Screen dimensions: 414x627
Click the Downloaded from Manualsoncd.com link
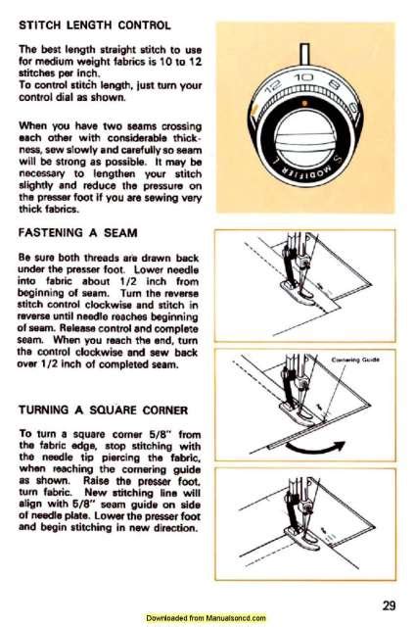pos(207,618)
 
